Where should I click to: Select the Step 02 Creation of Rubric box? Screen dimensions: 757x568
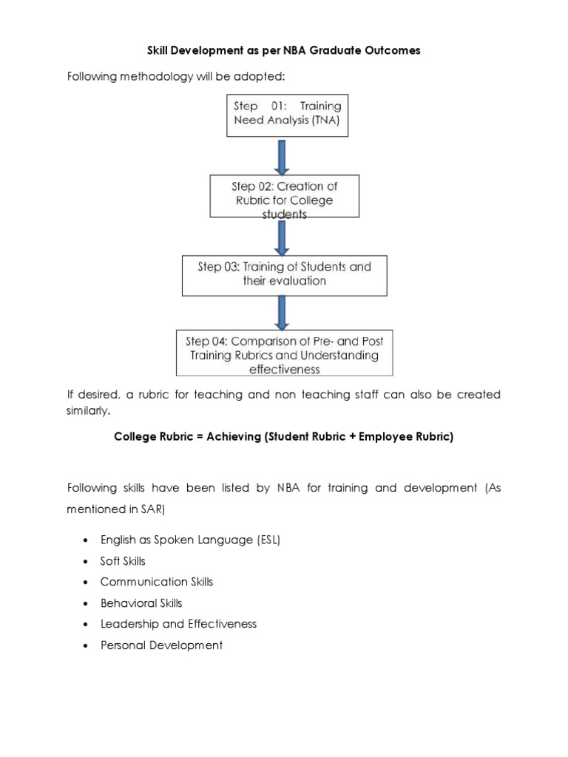[x=285, y=196]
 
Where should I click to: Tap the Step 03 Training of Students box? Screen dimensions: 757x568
[x=285, y=274]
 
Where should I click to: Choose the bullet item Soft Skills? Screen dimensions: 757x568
[x=123, y=561]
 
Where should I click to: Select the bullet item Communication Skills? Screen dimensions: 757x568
[x=157, y=582]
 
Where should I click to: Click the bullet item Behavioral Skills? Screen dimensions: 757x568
[x=141, y=603]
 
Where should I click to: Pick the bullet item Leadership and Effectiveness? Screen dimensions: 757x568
[x=178, y=624]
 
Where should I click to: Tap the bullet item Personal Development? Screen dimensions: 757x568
[x=161, y=645]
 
